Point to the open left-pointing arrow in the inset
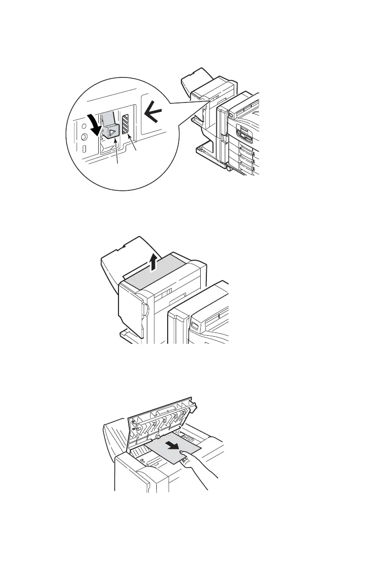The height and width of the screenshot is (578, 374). pos(153,113)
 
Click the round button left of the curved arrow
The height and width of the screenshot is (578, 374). pos(84,137)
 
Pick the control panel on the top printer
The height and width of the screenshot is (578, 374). pos(247,133)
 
